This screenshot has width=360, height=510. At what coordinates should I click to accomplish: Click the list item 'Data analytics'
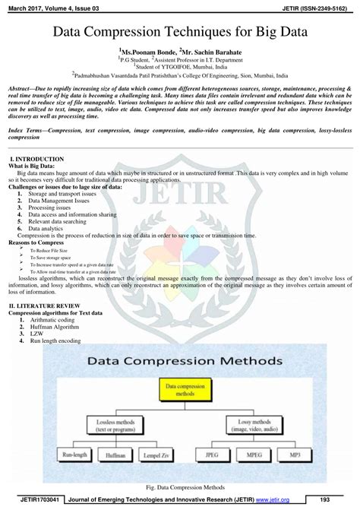coord(46,228)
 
